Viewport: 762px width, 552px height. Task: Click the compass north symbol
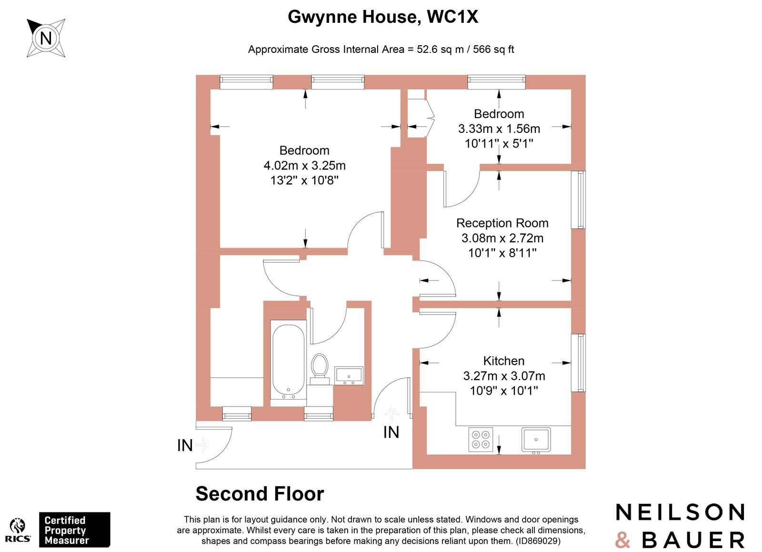pyautogui.click(x=46, y=38)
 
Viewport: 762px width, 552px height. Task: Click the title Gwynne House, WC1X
pyautogui.click(x=382, y=17)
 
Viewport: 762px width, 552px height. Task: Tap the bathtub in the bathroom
pyautogui.click(x=288, y=361)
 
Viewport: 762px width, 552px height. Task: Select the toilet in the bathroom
pyautogui.click(x=320, y=368)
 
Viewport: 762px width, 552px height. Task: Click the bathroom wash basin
pyautogui.click(x=349, y=375)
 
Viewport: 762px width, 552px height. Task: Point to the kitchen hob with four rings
pyautogui.click(x=480, y=439)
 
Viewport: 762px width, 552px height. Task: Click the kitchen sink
pyautogui.click(x=536, y=439)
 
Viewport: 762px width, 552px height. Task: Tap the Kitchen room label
pyautogui.click(x=503, y=361)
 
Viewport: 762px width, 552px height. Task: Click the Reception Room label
pyautogui.click(x=502, y=223)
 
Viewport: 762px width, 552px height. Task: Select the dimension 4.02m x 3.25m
pyautogui.click(x=304, y=165)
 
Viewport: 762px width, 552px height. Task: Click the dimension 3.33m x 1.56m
pyautogui.click(x=499, y=129)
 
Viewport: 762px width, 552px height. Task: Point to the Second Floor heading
pyautogui.click(x=260, y=494)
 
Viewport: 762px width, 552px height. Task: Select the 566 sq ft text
pyautogui.click(x=493, y=49)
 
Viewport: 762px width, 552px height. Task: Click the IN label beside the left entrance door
pyautogui.click(x=185, y=445)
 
